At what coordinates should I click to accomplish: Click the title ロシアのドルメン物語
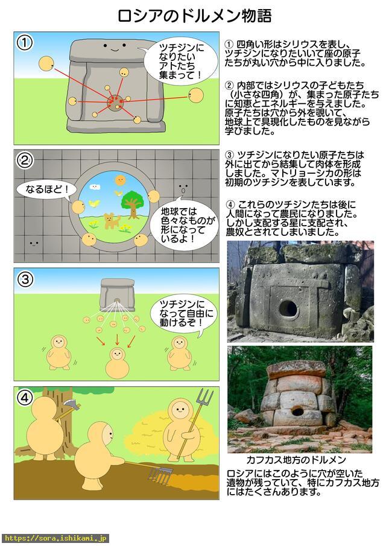click(x=194, y=16)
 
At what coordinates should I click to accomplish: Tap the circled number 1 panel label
click(x=25, y=42)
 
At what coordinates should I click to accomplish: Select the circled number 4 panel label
click(x=25, y=398)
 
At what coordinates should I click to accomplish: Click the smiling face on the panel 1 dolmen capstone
click(x=115, y=46)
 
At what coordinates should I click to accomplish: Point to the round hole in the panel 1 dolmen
click(x=116, y=103)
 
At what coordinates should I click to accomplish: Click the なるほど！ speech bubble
click(x=46, y=190)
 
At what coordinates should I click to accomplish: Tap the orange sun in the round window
click(x=120, y=180)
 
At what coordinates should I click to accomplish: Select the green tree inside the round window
click(x=133, y=203)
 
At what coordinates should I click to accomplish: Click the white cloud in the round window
click(x=95, y=186)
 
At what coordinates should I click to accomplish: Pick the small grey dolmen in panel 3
click(x=117, y=294)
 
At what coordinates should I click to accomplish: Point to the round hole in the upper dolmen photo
click(x=288, y=308)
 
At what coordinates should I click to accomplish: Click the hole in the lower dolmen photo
click(x=298, y=411)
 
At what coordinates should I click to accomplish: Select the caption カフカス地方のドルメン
click(x=296, y=460)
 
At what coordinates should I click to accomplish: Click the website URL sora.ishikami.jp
click(x=55, y=539)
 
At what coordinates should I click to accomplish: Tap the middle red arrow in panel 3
click(x=117, y=340)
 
